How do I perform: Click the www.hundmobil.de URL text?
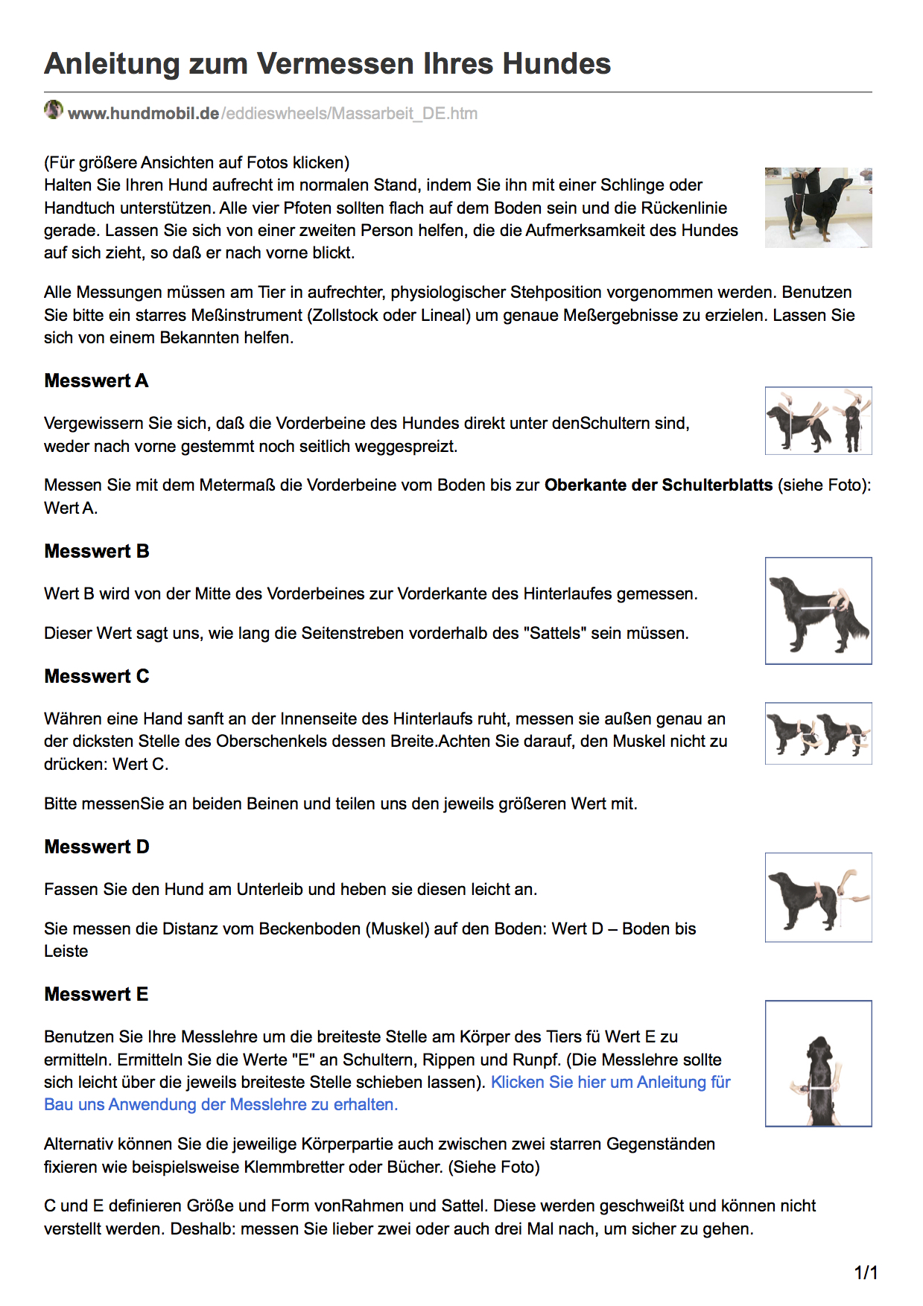tap(143, 113)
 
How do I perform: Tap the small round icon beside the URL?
tap(54, 110)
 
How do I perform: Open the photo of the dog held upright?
tap(818, 207)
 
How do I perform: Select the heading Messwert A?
tap(96, 380)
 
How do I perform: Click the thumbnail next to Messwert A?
tap(818, 421)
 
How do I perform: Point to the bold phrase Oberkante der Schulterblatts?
tap(659, 485)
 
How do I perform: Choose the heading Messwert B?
tap(97, 551)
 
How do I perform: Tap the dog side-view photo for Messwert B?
tap(818, 611)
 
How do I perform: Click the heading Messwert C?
tap(97, 676)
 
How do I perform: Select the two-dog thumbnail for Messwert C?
tap(818, 733)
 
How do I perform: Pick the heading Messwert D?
tap(97, 847)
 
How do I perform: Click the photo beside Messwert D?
tap(818, 897)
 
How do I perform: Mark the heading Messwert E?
tap(96, 994)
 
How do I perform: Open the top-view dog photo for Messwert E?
tap(818, 1063)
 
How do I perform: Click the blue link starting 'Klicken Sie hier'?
tap(610, 1082)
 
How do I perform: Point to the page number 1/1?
tap(866, 1272)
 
